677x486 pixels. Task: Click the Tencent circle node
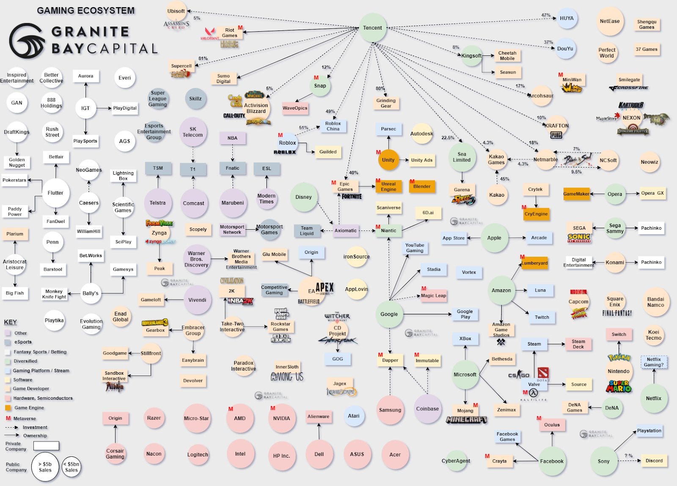pyautogui.click(x=372, y=28)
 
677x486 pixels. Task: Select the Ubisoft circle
pyautogui.click(x=176, y=11)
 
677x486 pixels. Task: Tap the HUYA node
pyautogui.click(x=567, y=18)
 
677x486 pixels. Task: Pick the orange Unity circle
pyautogui.click(x=388, y=160)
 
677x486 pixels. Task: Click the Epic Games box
pyautogui.click(x=345, y=187)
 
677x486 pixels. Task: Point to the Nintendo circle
pyautogui.click(x=618, y=371)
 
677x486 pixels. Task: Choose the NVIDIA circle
pyautogui.click(x=281, y=418)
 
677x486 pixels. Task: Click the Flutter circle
pyautogui.click(x=55, y=193)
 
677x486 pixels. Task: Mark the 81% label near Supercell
pyautogui.click(x=203, y=59)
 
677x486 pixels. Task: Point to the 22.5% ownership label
pyautogui.click(x=448, y=138)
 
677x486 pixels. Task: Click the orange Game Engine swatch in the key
pyautogui.click(x=8, y=408)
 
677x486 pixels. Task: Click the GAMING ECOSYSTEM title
pyautogui.click(x=86, y=11)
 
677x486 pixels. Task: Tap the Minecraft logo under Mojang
pyautogui.click(x=466, y=420)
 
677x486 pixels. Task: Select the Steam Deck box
pyautogui.click(x=578, y=344)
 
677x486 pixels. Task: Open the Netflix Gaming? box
pyautogui.click(x=653, y=362)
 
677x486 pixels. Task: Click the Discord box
pyautogui.click(x=654, y=461)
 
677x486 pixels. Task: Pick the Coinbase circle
pyautogui.click(x=427, y=409)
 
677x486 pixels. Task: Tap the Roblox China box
pyautogui.click(x=333, y=126)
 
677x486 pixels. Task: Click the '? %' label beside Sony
pyautogui.click(x=628, y=456)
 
